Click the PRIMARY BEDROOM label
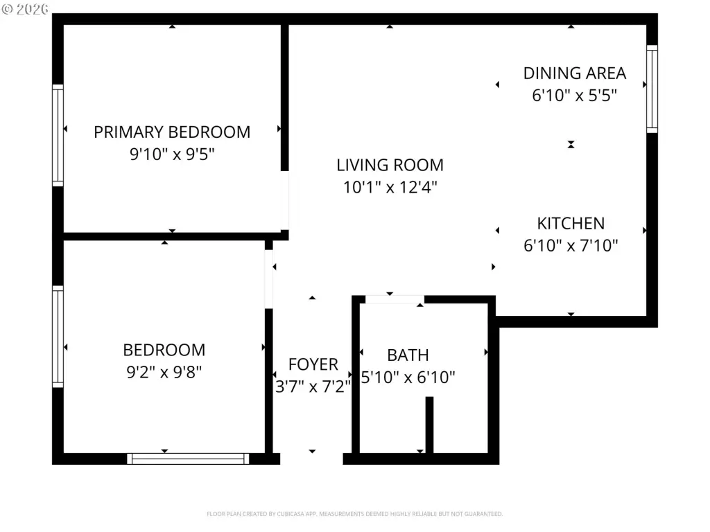pyautogui.click(x=172, y=132)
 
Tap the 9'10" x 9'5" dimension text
pyautogui.click(x=172, y=154)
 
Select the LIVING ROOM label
pyautogui.click(x=390, y=165)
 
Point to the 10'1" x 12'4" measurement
pyautogui.click(x=390, y=187)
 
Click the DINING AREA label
pyautogui.click(x=575, y=73)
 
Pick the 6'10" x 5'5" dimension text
pyautogui.click(x=575, y=96)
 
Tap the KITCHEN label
pyautogui.click(x=571, y=224)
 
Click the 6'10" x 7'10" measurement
pyautogui.click(x=571, y=246)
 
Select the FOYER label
pyautogui.click(x=313, y=364)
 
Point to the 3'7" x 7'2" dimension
pyautogui.click(x=313, y=387)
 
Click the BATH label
pyautogui.click(x=408, y=355)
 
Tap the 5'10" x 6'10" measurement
pyautogui.click(x=408, y=378)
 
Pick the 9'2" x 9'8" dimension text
pyautogui.click(x=164, y=372)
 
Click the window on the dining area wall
pyautogui.click(x=652, y=89)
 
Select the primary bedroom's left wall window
pyautogui.click(x=58, y=135)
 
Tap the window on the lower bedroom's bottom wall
pyautogui.click(x=188, y=459)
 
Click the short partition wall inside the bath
pyautogui.click(x=429, y=425)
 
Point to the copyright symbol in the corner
pyautogui.click(x=7, y=9)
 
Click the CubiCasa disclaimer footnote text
pyautogui.click(x=354, y=514)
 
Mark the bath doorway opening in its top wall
pyautogui.click(x=395, y=299)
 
